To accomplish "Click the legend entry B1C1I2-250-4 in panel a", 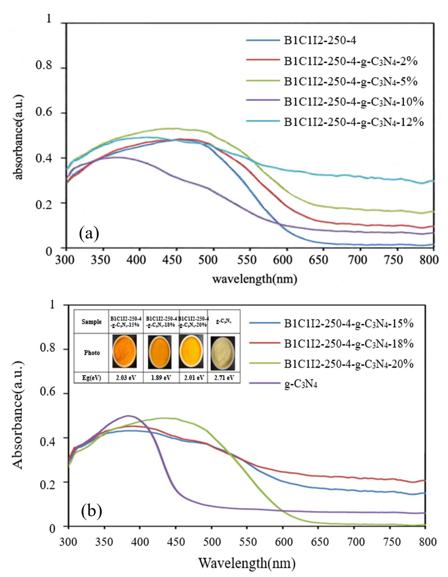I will pos(320,41).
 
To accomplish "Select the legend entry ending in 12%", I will pos(354,122).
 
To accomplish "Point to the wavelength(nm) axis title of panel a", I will pos(255,279).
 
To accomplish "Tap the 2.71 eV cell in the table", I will pos(224,378).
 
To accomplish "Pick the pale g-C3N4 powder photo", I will pos(223,353).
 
